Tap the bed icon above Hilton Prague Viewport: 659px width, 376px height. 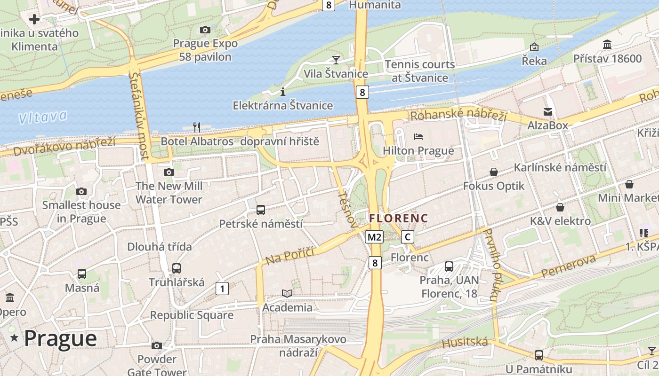pos(418,137)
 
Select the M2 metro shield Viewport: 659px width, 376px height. pos(375,237)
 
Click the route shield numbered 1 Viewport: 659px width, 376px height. pos(222,288)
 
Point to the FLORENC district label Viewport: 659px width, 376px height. pos(399,219)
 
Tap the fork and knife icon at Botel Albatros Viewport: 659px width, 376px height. pos(197,127)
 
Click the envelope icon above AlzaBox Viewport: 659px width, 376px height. pos(548,112)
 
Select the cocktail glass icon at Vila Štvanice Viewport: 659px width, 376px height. pos(336,60)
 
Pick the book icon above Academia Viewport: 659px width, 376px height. pos(287,294)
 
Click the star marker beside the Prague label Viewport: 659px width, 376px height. pos(14,338)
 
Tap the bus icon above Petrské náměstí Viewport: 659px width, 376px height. pos(260,210)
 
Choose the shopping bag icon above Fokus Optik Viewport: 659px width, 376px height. pos(493,172)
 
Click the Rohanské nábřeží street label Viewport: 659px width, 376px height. pos(458,114)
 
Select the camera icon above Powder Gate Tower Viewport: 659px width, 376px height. pos(157,346)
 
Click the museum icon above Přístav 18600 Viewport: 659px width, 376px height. pos(607,45)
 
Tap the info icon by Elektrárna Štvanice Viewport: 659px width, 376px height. pos(283,92)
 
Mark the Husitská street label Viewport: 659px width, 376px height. pos(465,342)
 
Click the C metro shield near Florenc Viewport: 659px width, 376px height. pos(408,237)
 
